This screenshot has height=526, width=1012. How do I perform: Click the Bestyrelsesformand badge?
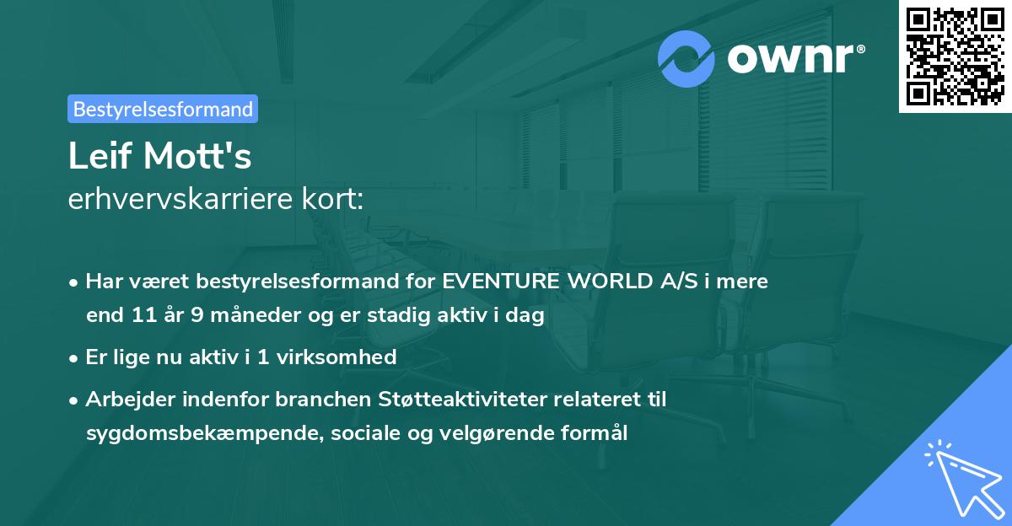(163, 109)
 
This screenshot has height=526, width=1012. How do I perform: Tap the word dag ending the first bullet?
(527, 316)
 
